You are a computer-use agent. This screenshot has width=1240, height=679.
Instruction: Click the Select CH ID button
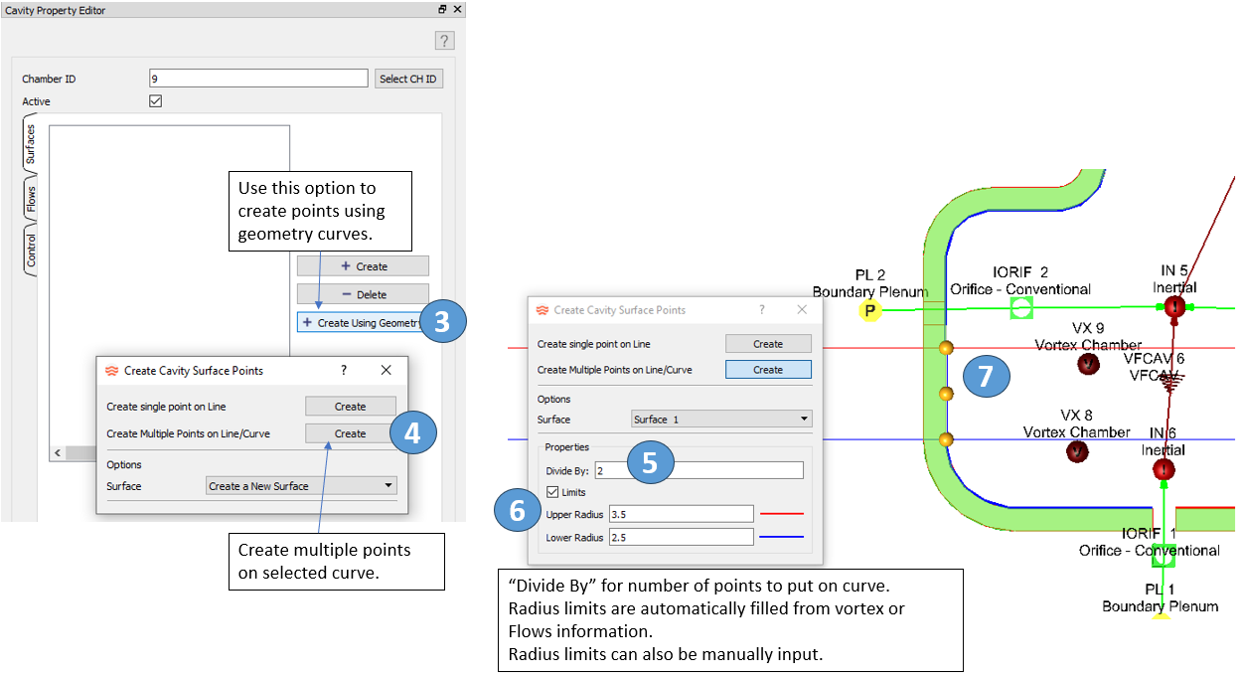(408, 79)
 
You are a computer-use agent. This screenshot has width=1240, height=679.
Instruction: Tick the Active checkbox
(155, 101)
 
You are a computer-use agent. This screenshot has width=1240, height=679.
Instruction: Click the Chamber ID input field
(258, 79)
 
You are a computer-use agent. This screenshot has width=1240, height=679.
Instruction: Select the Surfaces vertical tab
(31, 144)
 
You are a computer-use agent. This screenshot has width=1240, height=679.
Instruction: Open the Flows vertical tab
(31, 199)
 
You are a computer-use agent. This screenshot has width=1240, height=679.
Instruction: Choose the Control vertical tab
(31, 250)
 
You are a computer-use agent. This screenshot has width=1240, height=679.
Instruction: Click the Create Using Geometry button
(363, 322)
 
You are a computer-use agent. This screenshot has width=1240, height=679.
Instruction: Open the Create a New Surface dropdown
(301, 486)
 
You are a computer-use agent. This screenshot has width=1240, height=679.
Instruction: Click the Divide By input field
(699, 471)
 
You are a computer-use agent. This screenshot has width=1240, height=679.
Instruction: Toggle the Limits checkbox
(552, 492)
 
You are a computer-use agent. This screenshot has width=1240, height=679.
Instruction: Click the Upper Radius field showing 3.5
(681, 514)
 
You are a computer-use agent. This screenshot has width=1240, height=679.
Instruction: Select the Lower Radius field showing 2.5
(681, 538)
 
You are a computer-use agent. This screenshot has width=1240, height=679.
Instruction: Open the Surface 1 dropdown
(721, 420)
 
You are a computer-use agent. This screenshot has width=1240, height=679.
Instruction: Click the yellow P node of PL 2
(870, 310)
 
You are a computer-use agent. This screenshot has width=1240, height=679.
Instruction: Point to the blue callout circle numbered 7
(986, 377)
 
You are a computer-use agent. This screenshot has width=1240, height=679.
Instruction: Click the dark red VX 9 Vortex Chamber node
(1088, 364)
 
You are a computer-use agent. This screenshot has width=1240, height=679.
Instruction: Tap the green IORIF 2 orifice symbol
(1021, 309)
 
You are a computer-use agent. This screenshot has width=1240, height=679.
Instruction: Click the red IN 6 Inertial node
(1162, 468)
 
